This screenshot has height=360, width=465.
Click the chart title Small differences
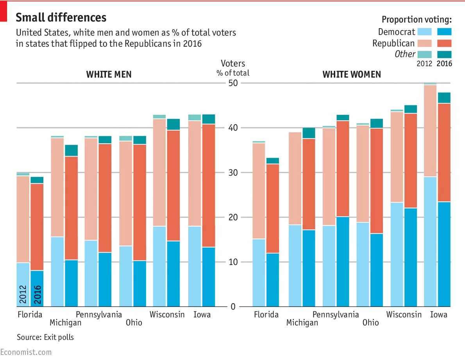pos(61,18)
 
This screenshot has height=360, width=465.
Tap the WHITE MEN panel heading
pos(109,75)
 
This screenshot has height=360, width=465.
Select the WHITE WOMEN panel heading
pos(351,75)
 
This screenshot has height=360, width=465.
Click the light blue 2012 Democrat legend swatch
pos(424,32)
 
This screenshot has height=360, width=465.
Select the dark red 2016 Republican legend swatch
pos(444,43)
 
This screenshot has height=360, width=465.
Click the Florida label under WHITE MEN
pos(30,315)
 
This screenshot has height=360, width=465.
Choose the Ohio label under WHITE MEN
pos(134,323)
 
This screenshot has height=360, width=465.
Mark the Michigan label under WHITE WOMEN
pos(302,323)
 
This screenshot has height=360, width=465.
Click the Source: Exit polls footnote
pos(45,337)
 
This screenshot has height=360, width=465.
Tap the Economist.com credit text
pos(26,352)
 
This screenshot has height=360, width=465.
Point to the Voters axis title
pos(233,63)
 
